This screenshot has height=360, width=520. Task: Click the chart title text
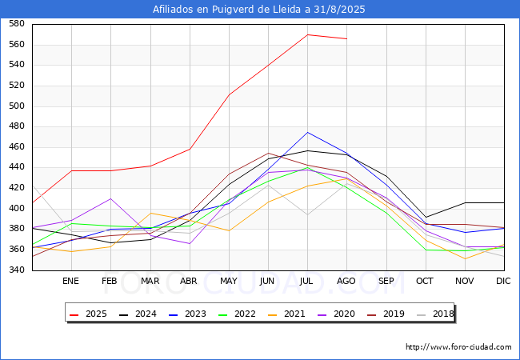(x=260, y=10)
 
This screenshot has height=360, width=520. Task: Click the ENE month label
(x=71, y=282)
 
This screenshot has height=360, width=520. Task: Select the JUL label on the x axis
(x=307, y=282)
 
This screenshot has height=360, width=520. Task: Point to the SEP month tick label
(x=386, y=282)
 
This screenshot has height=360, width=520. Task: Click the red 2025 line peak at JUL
(x=307, y=34)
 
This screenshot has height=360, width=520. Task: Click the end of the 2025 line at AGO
(x=346, y=38)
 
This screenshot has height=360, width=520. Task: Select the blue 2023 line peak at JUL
(x=307, y=133)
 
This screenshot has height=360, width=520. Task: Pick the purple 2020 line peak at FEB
(x=110, y=198)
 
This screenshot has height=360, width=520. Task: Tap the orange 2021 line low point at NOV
(x=465, y=258)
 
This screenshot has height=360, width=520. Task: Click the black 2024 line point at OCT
(x=426, y=217)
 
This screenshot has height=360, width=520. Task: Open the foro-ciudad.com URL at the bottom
(x=458, y=347)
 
